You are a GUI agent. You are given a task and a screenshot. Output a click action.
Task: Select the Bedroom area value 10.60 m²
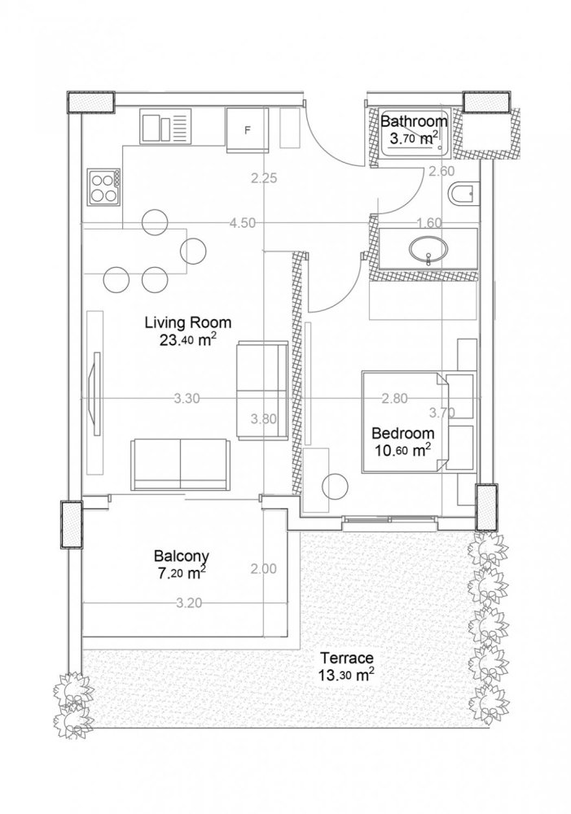tap(402, 449)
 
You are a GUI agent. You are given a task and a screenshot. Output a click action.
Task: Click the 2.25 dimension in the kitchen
tap(266, 179)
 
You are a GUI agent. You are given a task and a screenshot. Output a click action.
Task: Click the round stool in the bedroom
tap(335, 487)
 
